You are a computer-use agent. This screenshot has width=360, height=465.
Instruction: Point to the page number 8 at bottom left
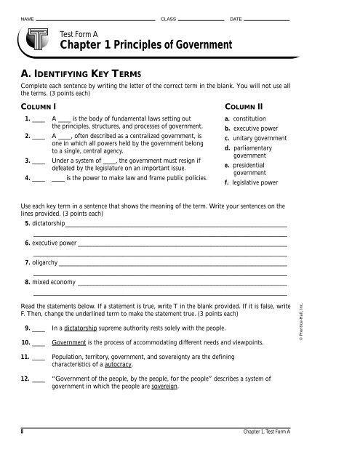tap(23, 431)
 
